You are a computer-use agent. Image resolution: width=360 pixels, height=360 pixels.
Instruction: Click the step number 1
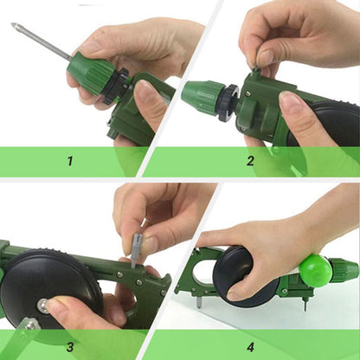[x=70, y=160]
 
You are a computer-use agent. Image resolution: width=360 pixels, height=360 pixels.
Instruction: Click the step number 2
[x=250, y=160]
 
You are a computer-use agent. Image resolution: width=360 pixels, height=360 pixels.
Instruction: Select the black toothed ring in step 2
[x=228, y=101]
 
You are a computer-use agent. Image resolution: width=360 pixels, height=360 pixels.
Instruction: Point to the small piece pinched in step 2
[x=255, y=67]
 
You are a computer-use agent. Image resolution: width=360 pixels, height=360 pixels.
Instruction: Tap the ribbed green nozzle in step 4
[x=345, y=271]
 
